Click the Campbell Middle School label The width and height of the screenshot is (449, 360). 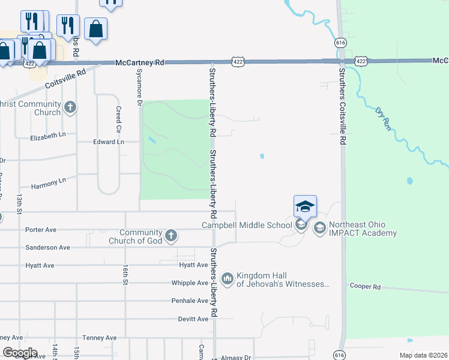(246, 226)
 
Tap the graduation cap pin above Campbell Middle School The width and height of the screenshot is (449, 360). (305, 208)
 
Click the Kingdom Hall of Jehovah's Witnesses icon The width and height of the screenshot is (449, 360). (228, 279)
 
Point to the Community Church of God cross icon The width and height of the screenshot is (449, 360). (171, 236)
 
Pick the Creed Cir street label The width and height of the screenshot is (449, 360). (119, 119)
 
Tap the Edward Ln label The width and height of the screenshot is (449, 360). (108, 142)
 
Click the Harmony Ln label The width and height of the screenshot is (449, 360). (49, 180)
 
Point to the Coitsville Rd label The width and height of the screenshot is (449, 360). (65, 79)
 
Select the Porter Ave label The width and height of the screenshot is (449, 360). (41, 230)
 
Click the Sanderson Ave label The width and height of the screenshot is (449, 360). (47, 247)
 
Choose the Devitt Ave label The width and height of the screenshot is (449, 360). (193, 319)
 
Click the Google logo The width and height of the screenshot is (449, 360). (19, 353)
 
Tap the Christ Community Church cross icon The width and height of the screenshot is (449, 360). (70, 108)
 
